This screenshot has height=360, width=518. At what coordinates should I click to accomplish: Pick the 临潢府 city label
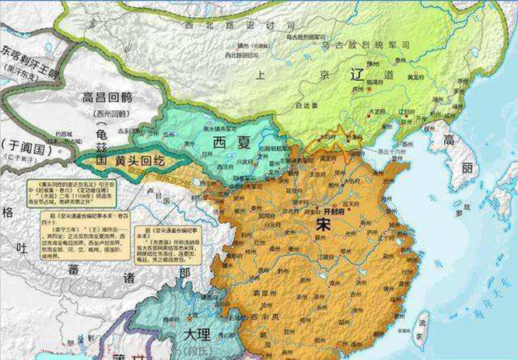(x=375, y=81)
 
